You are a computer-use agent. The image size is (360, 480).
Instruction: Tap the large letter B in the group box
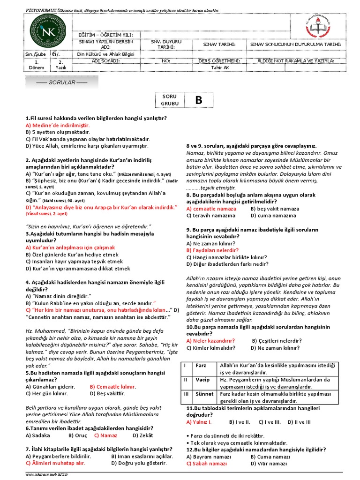pyautogui.click(x=198, y=99)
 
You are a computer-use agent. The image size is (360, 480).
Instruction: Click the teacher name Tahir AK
pyautogui.click(x=220, y=67)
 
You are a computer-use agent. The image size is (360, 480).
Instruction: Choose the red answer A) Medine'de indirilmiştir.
pyautogui.click(x=57, y=126)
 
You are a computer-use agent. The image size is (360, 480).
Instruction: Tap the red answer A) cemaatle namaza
pyautogui.click(x=211, y=209)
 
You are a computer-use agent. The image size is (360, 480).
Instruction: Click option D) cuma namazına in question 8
pyautogui.click(x=273, y=216)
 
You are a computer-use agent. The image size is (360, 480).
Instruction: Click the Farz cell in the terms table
pyautogui.click(x=201, y=365)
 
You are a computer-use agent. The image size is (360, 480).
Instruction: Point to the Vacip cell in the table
pyautogui.click(x=202, y=380)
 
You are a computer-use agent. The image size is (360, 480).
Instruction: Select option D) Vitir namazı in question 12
pyautogui.click(x=268, y=463)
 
